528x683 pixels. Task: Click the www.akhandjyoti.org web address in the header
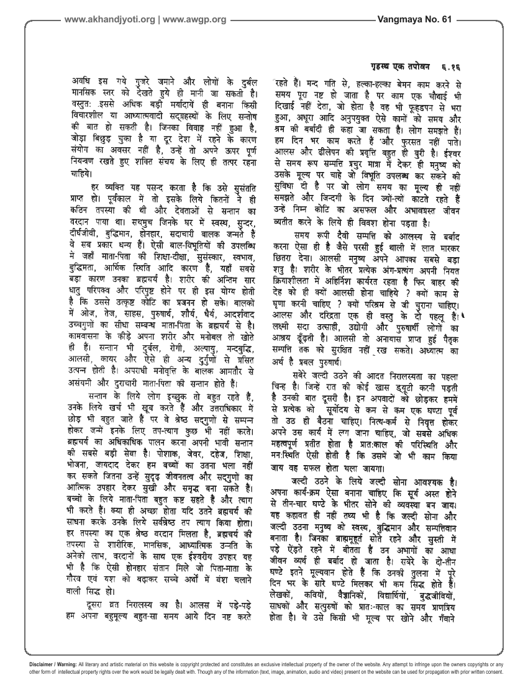(109, 19)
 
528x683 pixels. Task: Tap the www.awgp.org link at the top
(196, 19)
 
